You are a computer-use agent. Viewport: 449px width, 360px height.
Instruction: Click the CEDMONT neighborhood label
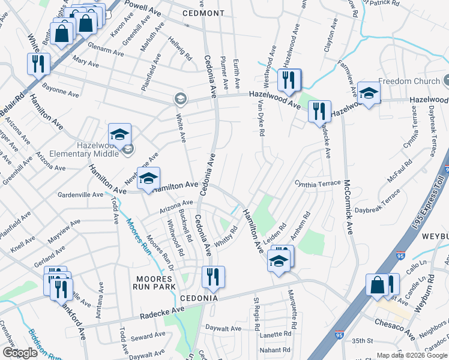pos(203,13)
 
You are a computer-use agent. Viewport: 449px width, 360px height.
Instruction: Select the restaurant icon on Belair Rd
pos(38,64)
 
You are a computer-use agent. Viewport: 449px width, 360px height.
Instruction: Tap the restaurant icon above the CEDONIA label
pos(213,277)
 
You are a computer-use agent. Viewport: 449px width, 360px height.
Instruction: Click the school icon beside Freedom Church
pos(369,93)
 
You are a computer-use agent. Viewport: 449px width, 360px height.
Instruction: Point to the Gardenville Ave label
pos(80,195)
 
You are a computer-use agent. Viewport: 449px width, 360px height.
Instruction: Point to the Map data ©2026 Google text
pos(411,355)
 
